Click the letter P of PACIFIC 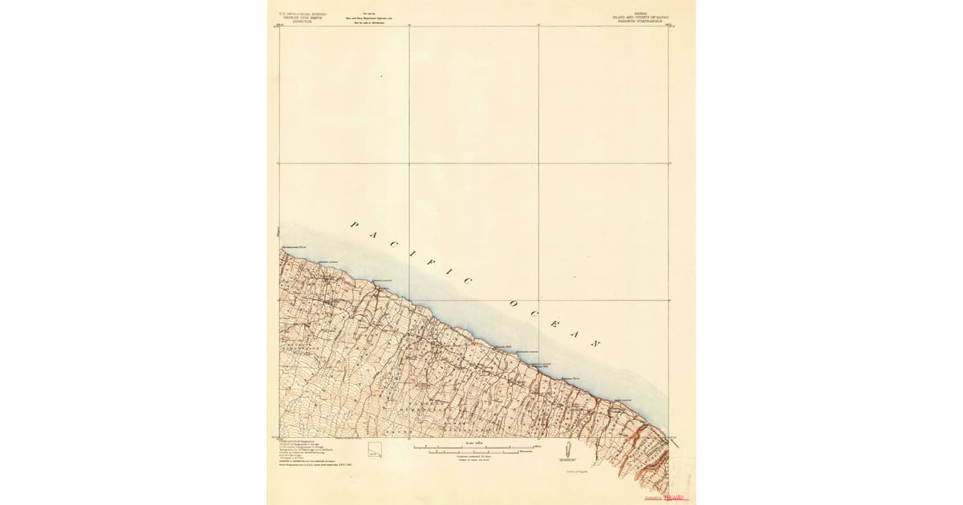coord(351,225)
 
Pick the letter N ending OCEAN coord(595,343)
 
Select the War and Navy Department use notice coord(367,18)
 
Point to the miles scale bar coord(473,446)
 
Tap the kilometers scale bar coord(473,453)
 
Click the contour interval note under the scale coord(473,459)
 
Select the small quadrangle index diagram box coord(374,450)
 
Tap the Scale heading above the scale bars coord(473,441)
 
